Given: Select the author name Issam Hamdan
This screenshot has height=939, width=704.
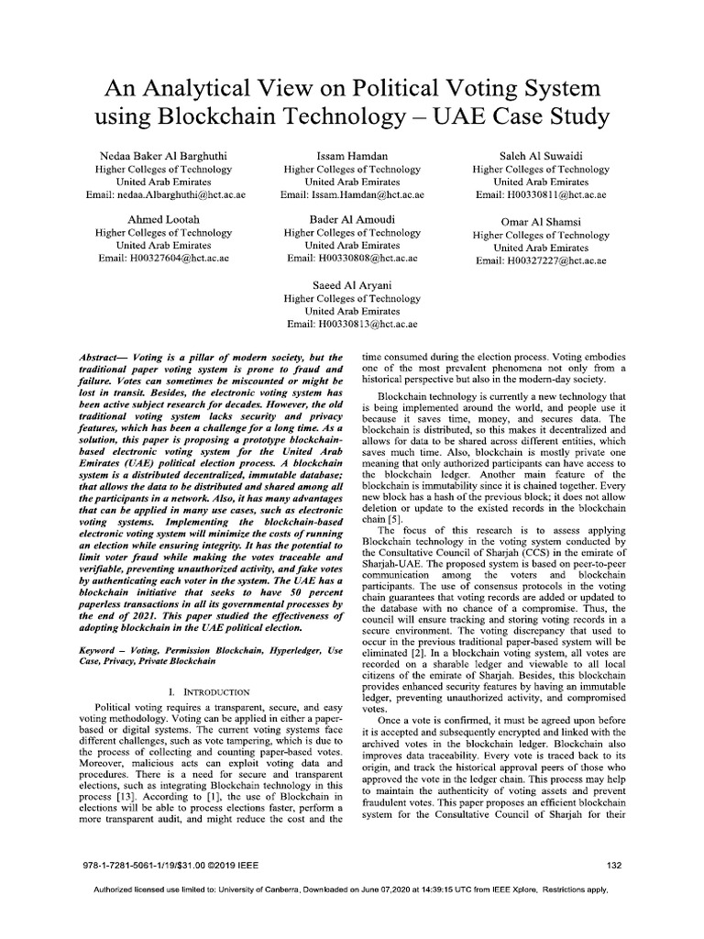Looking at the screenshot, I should (352, 156).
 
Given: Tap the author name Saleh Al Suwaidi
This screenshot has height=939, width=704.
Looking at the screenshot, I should (541, 156).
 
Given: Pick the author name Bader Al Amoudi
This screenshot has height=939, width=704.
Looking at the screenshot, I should (352, 220).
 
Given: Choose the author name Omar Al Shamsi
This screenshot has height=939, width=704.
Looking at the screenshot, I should (541, 223).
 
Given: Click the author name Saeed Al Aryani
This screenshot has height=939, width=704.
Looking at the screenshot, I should (352, 285).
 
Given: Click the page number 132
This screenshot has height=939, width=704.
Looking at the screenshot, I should (615, 865).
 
